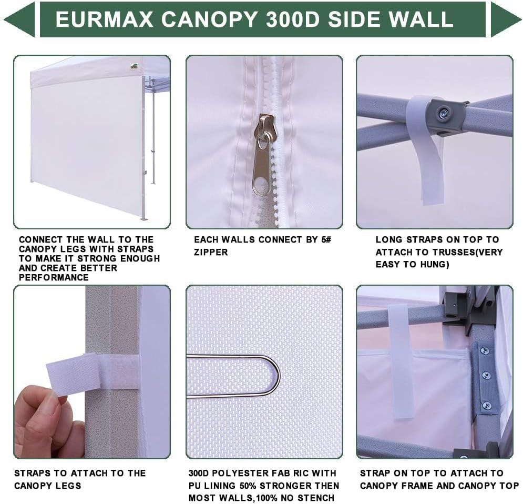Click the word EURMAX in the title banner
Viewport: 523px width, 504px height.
tap(105, 19)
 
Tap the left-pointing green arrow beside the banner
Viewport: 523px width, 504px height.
tap(20, 19)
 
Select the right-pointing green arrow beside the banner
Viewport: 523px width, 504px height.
tap(505, 19)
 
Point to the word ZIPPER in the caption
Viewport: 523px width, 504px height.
tap(211, 253)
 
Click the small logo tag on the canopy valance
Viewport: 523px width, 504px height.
tap(135, 66)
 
